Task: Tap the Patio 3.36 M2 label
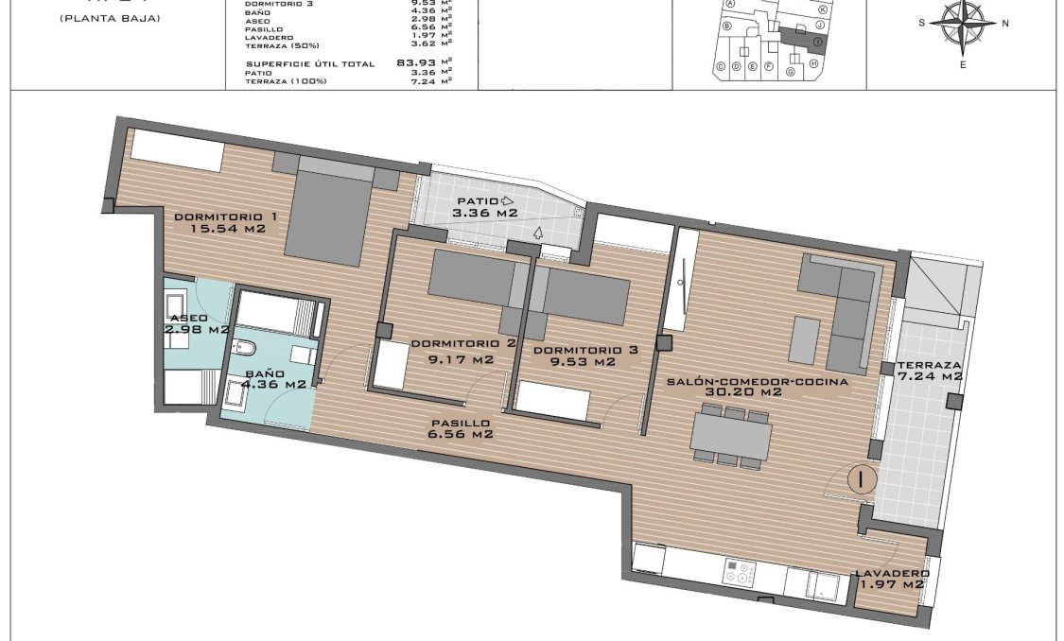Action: pos(485,207)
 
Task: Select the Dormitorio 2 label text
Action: pos(452,351)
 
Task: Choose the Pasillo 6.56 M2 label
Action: pos(460,429)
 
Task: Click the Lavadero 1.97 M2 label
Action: pos(891,579)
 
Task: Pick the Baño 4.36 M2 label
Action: pos(270,378)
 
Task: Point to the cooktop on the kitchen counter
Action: pos(740,571)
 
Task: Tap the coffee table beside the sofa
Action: pos(806,340)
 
